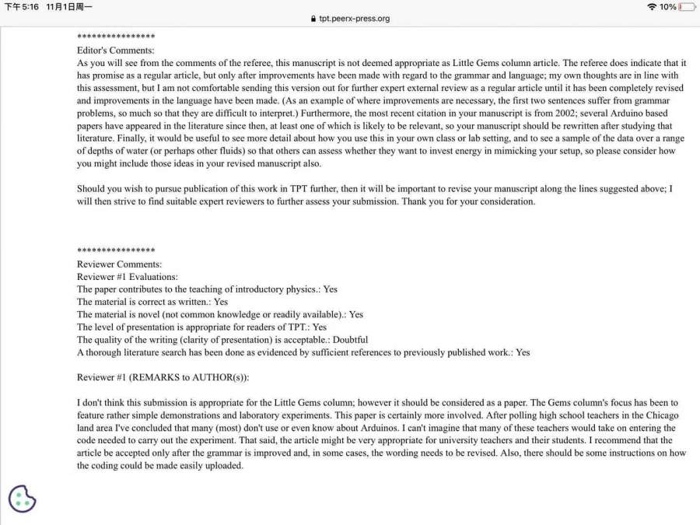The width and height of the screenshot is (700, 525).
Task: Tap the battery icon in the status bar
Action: [687, 7]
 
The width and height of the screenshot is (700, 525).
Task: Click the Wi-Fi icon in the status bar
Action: [651, 7]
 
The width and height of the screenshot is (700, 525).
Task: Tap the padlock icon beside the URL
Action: [313, 19]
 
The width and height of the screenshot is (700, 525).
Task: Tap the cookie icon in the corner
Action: [23, 499]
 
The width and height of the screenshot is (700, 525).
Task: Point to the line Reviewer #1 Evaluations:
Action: [128, 277]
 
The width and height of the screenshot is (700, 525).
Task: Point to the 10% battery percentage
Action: [668, 7]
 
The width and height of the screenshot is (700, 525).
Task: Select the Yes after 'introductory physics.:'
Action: [330, 289]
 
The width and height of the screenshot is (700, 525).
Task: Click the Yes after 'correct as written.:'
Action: [221, 302]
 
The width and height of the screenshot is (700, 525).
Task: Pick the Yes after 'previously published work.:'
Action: [523, 352]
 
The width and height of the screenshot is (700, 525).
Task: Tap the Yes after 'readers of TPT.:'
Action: [319, 327]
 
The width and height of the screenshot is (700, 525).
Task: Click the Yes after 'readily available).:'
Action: [355, 314]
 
